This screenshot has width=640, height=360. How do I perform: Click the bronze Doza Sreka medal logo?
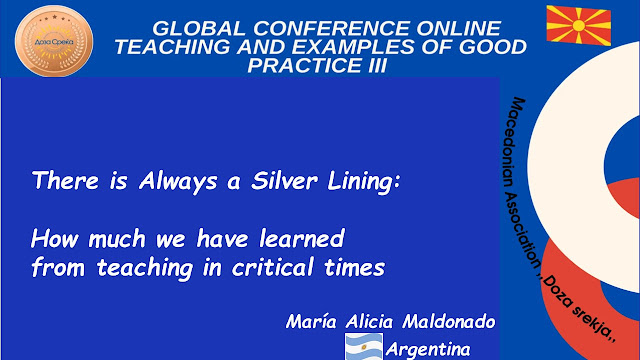click(54, 41)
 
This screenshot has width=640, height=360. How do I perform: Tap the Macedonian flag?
click(579, 25)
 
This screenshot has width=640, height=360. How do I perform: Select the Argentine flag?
click(364, 347)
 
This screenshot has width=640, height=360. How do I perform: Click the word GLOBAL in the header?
click(199, 29)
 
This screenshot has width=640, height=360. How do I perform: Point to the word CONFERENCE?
click(331, 29)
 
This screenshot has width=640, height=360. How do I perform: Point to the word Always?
click(178, 182)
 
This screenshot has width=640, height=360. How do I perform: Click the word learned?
click(302, 238)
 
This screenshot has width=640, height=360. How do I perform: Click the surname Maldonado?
click(449, 322)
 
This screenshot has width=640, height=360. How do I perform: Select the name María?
click(311, 322)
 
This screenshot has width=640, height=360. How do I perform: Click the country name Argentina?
click(428, 350)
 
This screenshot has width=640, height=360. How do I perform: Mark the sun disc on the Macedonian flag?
click(579, 25)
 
